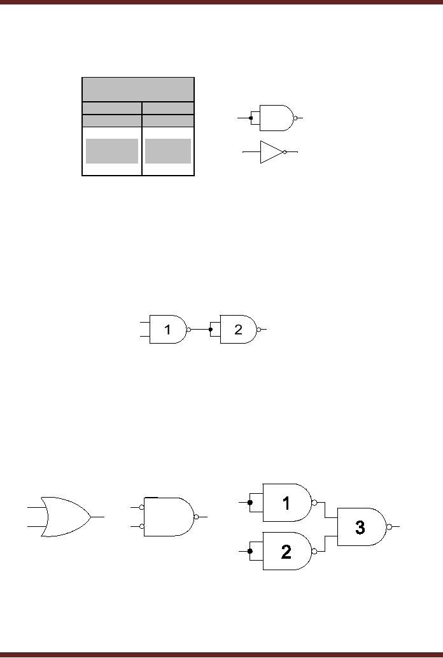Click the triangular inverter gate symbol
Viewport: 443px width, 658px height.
coord(271,152)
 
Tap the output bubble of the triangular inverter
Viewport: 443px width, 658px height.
coord(285,152)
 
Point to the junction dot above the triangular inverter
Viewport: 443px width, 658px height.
coord(251,118)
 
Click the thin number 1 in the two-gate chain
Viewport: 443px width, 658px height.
coord(167,330)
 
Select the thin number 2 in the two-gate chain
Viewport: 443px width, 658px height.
coord(238,330)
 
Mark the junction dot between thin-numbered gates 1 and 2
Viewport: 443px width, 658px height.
coord(211,330)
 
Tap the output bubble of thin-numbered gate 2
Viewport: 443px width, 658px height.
coord(258,330)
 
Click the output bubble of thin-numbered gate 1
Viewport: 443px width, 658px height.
coord(188,330)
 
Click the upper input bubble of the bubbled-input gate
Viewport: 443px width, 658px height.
coord(142,507)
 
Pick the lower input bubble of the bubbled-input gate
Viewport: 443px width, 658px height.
coord(142,526)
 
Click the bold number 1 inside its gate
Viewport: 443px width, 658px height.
coord(286,503)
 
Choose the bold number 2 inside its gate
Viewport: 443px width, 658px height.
coord(286,552)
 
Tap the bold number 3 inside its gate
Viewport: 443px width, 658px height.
coord(360,528)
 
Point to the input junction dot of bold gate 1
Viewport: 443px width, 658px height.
coord(250,502)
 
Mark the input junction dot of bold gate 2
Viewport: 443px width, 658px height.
coord(250,551)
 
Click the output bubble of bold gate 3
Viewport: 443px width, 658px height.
coord(390,527)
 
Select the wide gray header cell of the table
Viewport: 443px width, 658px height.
coord(138,89)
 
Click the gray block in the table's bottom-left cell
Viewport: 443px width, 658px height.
coord(112,151)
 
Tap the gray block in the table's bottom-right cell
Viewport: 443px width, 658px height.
coord(168,151)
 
